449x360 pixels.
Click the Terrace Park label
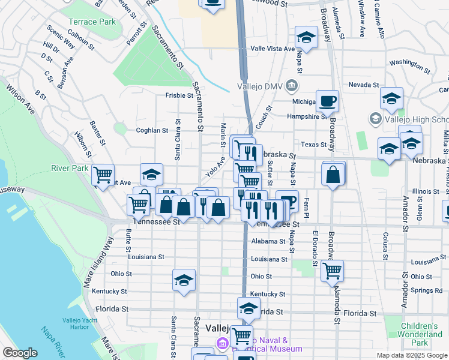91,22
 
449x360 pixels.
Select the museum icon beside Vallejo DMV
293,85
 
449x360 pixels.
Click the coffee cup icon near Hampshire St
327,101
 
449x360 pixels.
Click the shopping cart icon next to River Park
103,175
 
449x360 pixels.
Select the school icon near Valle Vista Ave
306,37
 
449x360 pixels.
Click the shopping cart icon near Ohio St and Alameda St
332,270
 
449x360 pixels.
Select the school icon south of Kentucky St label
249,308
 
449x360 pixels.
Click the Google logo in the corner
20,353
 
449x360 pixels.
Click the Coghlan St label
152,130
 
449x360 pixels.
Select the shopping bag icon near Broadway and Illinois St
333,175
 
